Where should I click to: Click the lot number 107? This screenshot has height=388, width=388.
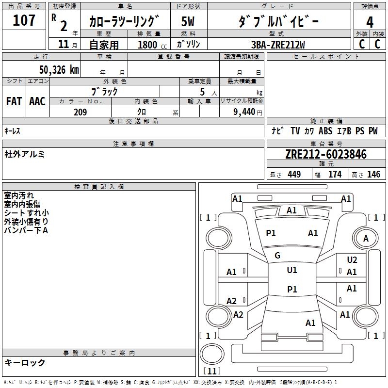coord(25,20)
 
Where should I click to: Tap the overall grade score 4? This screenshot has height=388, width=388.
coord(370,22)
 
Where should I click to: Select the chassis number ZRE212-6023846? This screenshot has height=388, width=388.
coord(326,155)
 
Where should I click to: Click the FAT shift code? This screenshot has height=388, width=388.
coord(14,101)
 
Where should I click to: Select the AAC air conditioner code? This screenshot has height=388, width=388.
coord(37,101)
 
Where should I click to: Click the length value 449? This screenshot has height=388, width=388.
coord(294,174)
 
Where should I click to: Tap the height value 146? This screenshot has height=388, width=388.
coord(373,174)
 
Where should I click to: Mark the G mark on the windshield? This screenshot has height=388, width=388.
coord(277,256)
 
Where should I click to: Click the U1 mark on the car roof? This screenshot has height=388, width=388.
coord(292,270)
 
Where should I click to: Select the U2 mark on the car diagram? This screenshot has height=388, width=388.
coord(352,260)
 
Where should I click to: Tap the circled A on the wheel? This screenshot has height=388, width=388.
coord(366,238)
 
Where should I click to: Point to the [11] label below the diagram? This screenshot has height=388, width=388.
coord(211,372)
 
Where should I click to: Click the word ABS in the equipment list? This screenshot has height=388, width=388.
coord(325,131)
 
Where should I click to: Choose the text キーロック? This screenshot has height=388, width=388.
coord(25,362)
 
